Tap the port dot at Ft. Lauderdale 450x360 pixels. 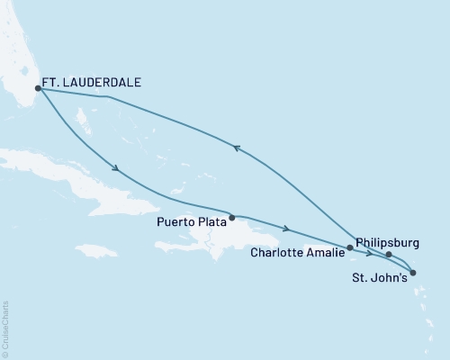(x=38, y=88)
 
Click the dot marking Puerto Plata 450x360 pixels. (x=232, y=217)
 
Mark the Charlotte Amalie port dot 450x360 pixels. (x=349, y=247)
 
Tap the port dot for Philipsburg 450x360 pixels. (x=389, y=255)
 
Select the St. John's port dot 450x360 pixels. (x=412, y=272)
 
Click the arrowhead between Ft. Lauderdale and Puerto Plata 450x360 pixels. (x=116, y=167)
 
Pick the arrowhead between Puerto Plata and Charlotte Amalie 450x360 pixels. (x=286, y=229)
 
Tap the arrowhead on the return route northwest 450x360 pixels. (x=237, y=148)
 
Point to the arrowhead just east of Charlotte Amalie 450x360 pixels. (x=369, y=253)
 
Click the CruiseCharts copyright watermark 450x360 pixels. (x=5, y=328)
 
